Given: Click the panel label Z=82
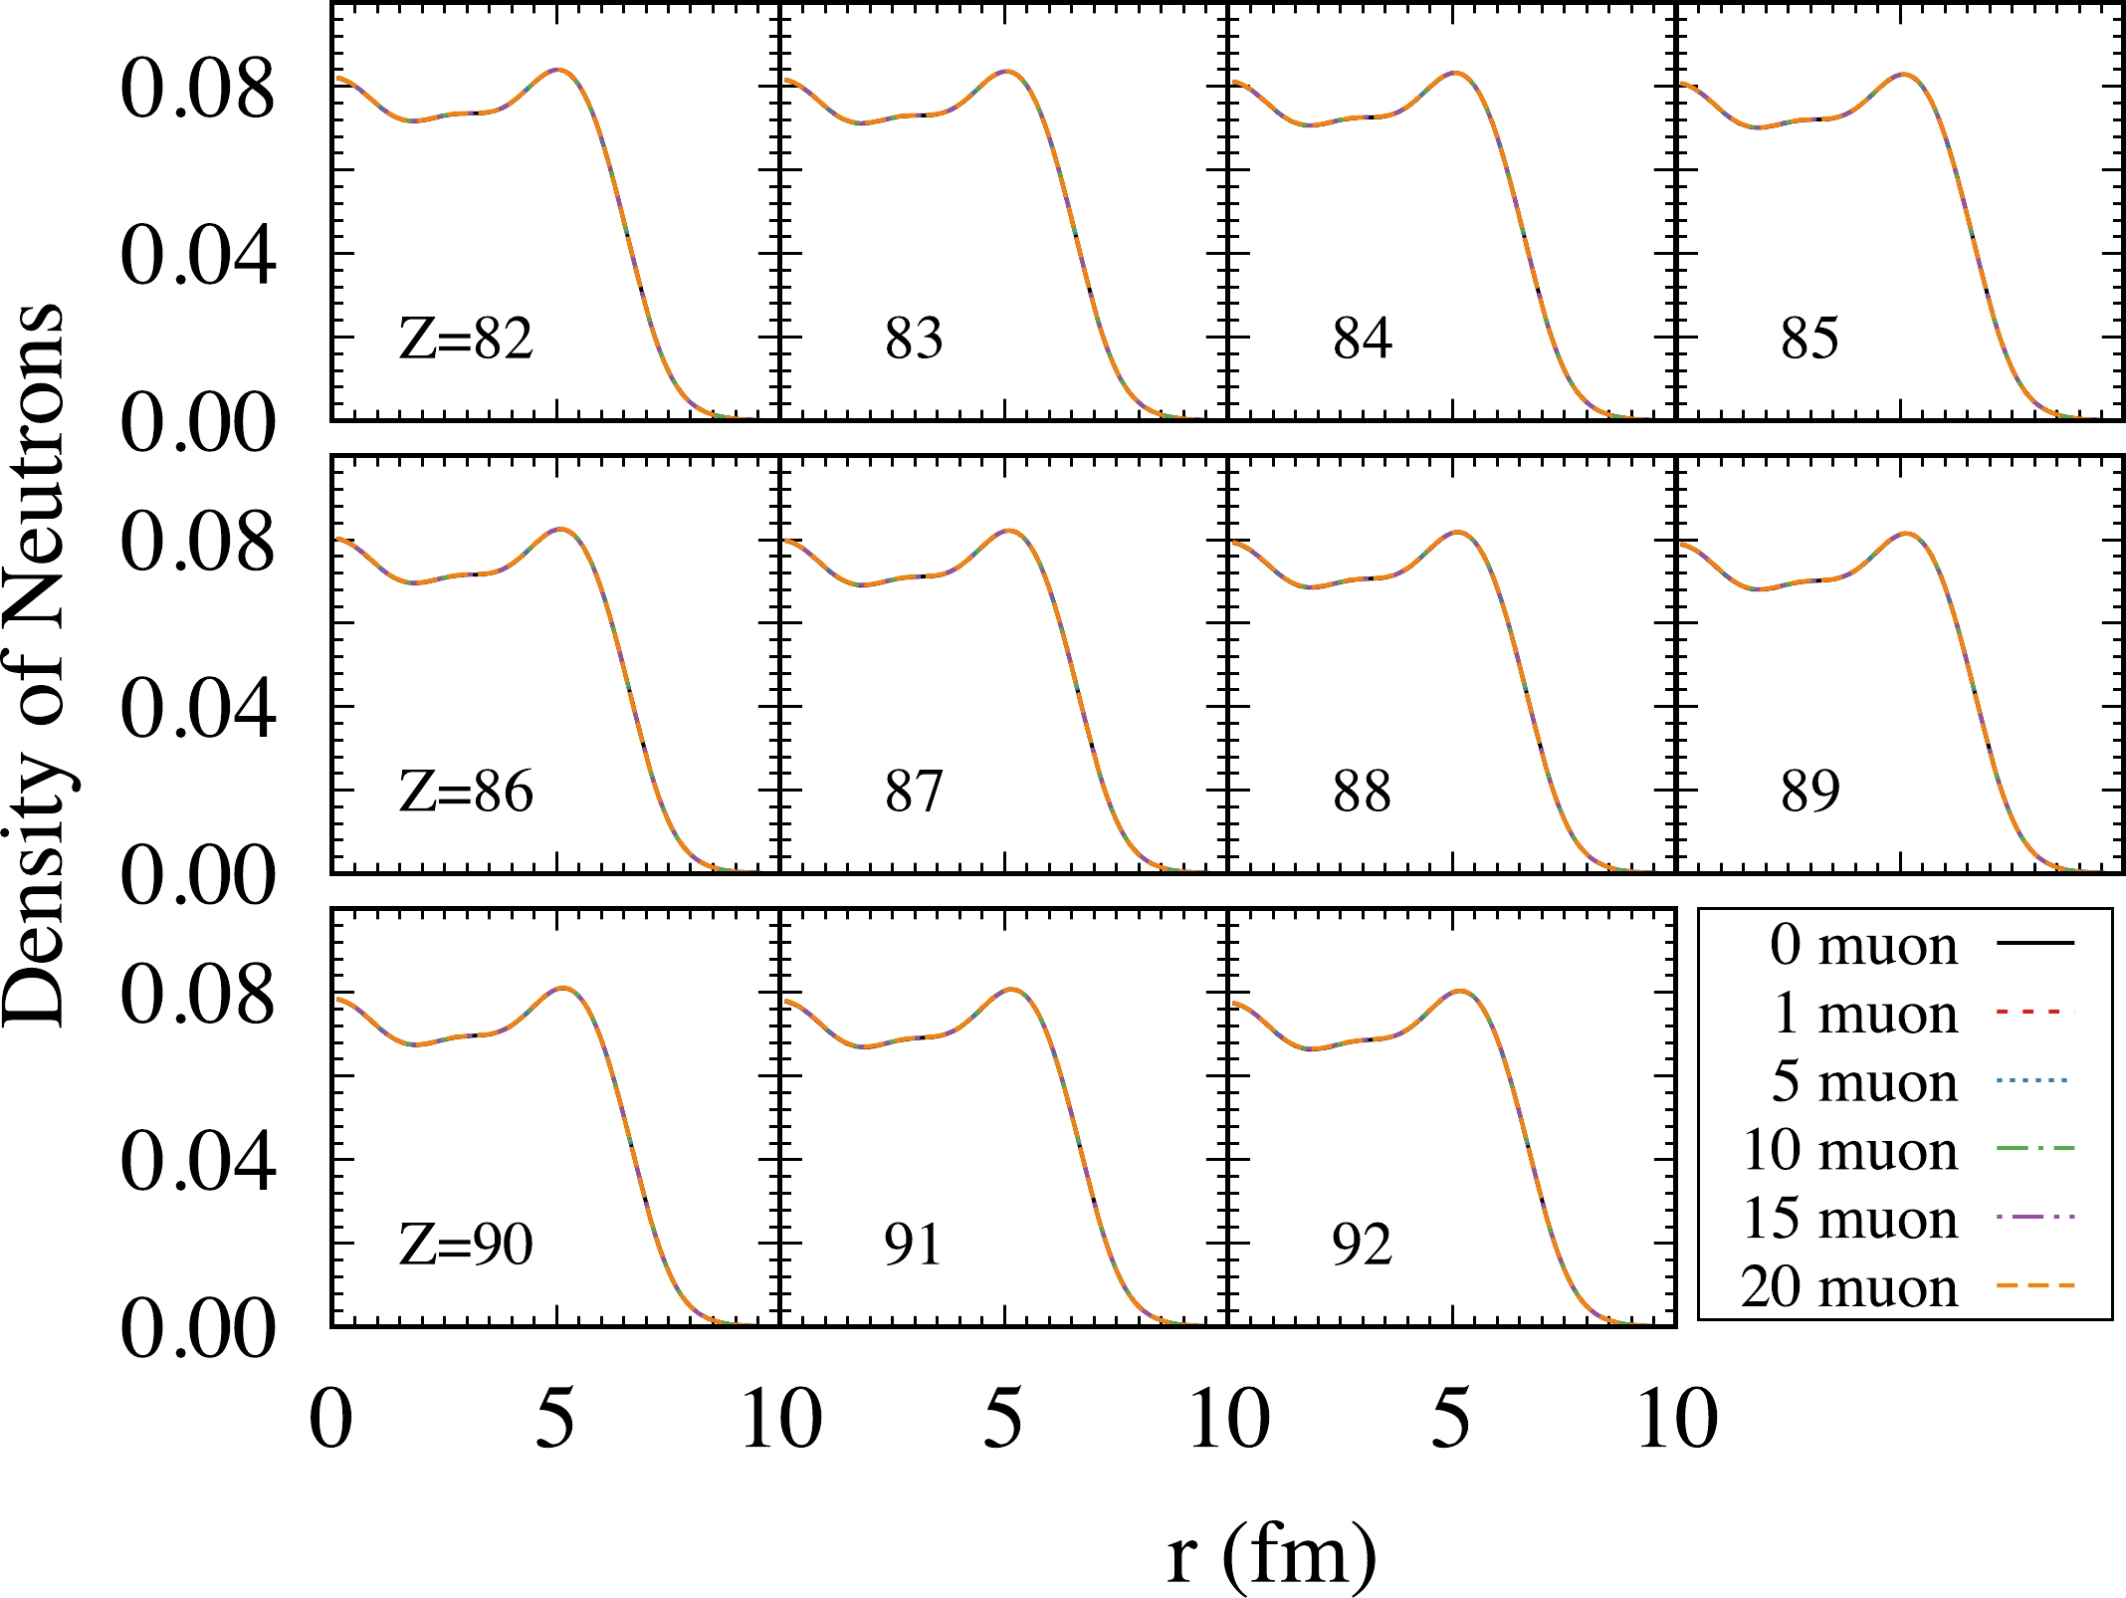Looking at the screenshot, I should click(x=466, y=339).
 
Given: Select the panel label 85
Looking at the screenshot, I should click(x=1809, y=339).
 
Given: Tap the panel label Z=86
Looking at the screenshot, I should click(x=466, y=793).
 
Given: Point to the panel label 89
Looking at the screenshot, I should click(x=1809, y=793).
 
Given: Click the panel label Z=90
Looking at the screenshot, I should click(x=466, y=1245).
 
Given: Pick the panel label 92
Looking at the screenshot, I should click(x=1362, y=1245).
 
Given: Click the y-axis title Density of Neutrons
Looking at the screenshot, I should click(x=36, y=665).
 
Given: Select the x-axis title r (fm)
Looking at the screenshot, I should click(x=1272, y=1553).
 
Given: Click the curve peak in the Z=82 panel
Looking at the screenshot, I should click(x=558, y=70).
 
